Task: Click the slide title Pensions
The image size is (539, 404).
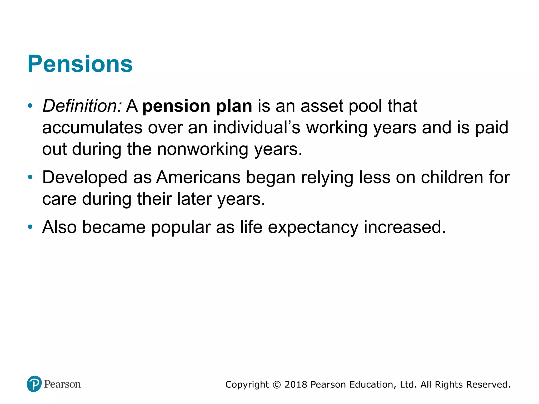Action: (80, 64)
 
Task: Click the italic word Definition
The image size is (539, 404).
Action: (82, 106)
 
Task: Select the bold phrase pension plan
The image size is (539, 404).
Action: (197, 106)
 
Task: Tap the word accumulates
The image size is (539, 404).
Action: (92, 128)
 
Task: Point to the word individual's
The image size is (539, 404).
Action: (256, 128)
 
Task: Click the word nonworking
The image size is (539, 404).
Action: (203, 149)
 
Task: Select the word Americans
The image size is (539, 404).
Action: (198, 177)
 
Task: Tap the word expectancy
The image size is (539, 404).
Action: (313, 227)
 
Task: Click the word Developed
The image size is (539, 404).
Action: (85, 177)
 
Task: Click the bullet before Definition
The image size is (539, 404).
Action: (30, 106)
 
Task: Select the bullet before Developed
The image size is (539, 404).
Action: (30, 177)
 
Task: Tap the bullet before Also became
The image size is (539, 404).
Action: (30, 227)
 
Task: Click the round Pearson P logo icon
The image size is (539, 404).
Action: (34, 384)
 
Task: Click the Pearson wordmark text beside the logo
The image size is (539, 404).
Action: (62, 384)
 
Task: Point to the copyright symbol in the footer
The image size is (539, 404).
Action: (277, 385)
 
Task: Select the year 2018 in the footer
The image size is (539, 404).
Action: (296, 385)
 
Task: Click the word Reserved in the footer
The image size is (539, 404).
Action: (488, 385)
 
